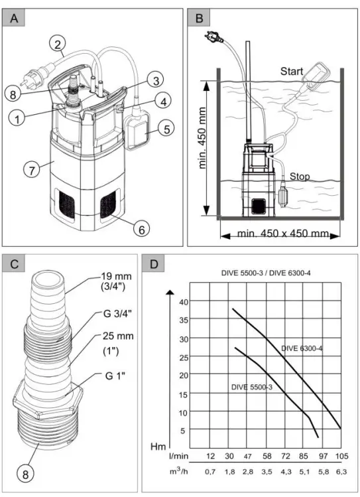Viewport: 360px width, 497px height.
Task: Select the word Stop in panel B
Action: (x=301, y=177)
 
